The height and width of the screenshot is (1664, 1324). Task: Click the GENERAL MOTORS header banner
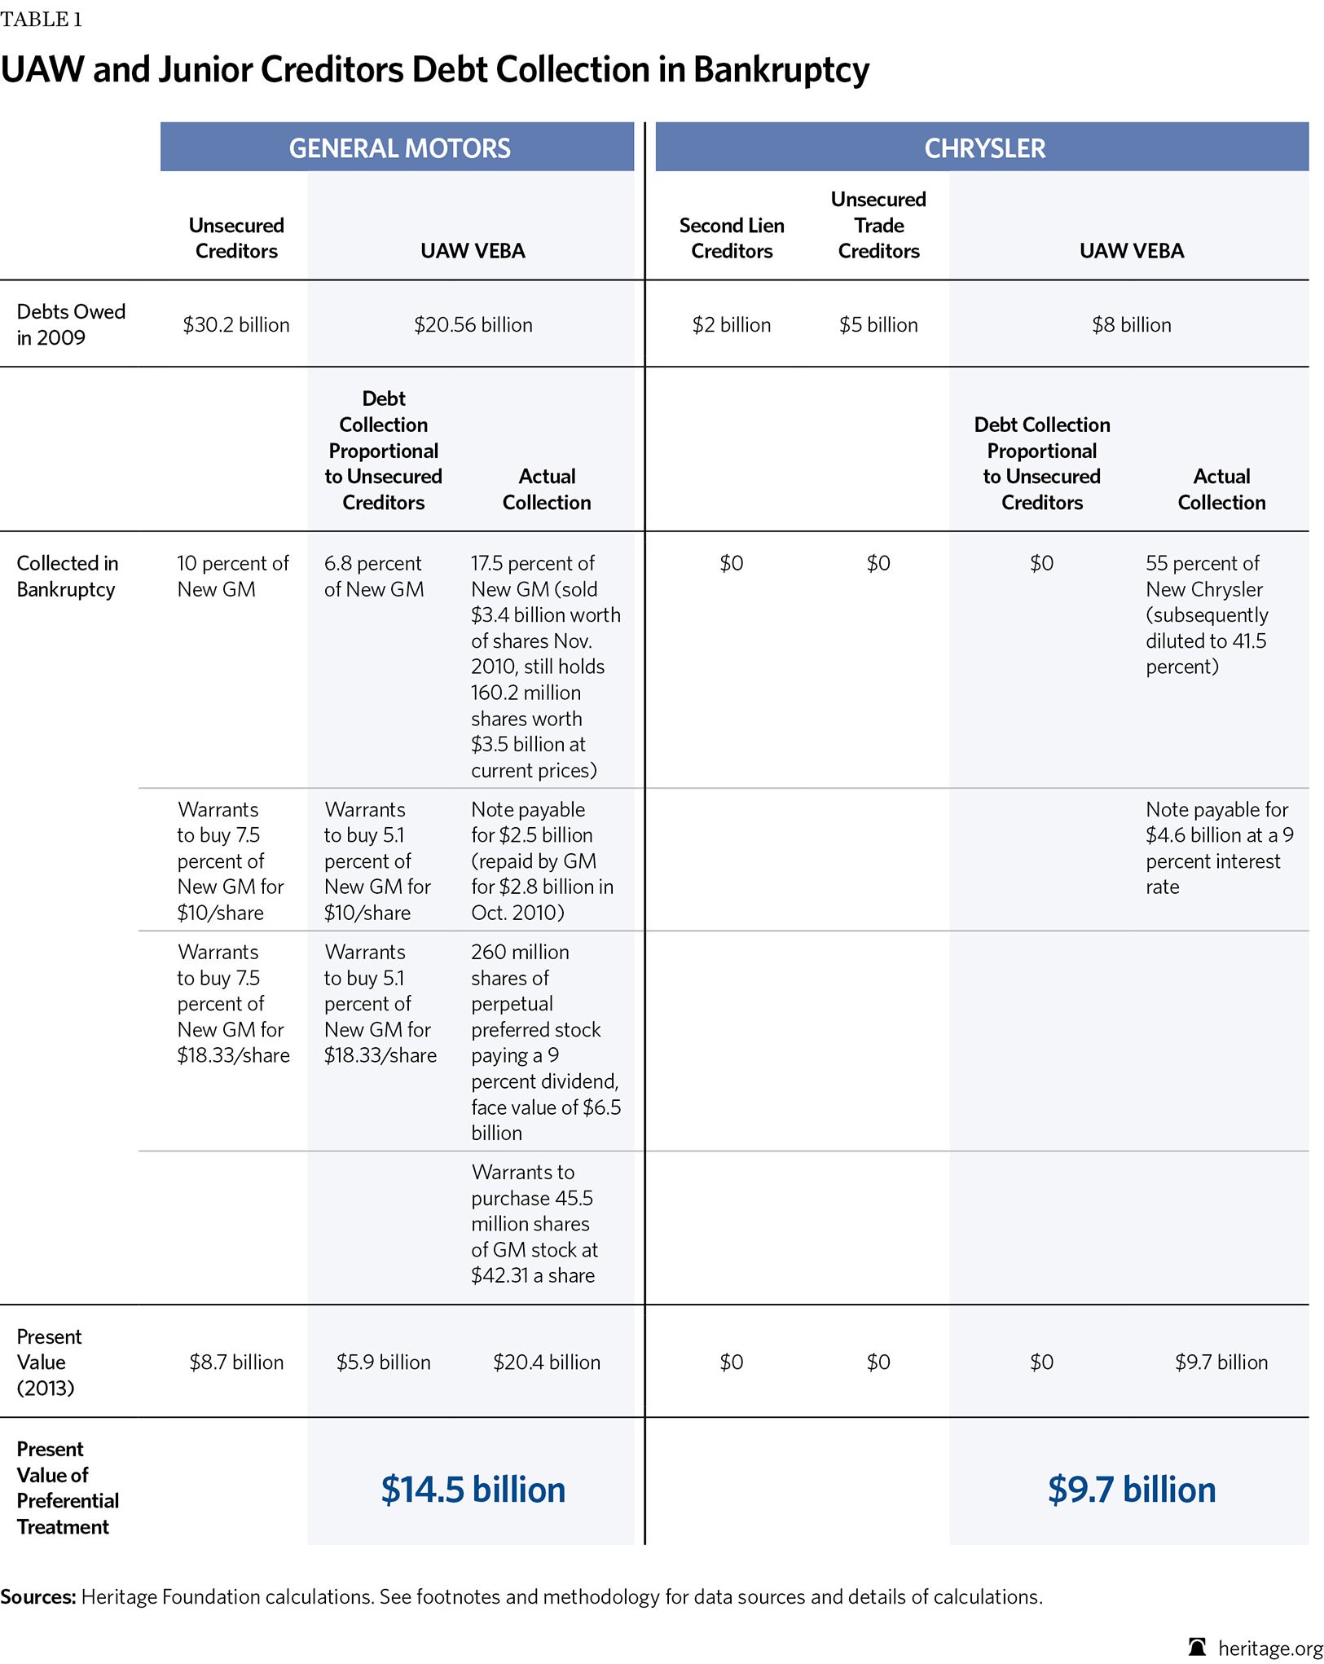pyautogui.click(x=399, y=147)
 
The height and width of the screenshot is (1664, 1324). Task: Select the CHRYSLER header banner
pyautogui.click(x=984, y=147)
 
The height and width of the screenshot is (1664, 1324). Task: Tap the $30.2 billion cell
pyautogui.click(x=235, y=325)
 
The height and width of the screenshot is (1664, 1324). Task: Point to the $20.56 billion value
pyautogui.click(x=473, y=325)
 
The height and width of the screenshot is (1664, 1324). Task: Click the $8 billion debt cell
pyautogui.click(x=1131, y=325)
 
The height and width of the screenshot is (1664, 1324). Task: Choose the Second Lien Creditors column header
pyautogui.click(x=732, y=238)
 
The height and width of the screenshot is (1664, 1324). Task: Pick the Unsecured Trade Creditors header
pyautogui.click(x=878, y=225)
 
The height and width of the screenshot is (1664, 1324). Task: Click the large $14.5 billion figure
pyautogui.click(x=473, y=1489)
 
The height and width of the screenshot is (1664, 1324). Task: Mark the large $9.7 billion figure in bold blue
pyautogui.click(x=1131, y=1489)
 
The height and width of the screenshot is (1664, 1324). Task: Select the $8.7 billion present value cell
pyautogui.click(x=236, y=1362)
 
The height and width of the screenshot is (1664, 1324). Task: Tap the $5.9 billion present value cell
pyautogui.click(x=383, y=1362)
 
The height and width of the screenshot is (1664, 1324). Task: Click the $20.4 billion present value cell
pyautogui.click(x=546, y=1362)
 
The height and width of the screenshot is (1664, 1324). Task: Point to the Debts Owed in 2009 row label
pyautogui.click(x=71, y=324)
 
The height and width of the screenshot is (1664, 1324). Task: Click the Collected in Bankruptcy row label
pyautogui.click(x=67, y=576)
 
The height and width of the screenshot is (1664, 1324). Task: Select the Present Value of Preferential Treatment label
pyautogui.click(x=67, y=1487)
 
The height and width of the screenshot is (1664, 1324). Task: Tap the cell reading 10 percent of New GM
pyautogui.click(x=232, y=576)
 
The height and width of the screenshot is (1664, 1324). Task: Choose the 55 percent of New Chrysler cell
pyautogui.click(x=1206, y=614)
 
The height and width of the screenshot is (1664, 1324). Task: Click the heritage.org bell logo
pyautogui.click(x=1197, y=1647)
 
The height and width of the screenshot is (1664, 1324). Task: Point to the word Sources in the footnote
pyautogui.click(x=37, y=1596)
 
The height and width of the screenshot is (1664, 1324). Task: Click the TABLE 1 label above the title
pyautogui.click(x=41, y=20)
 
